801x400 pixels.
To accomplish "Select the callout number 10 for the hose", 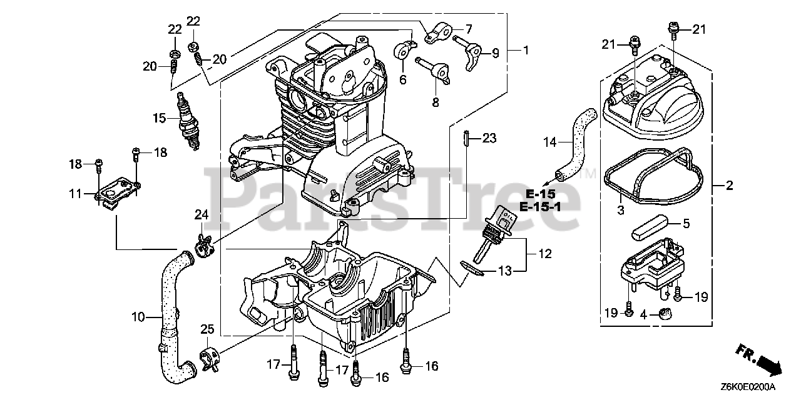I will (138, 317).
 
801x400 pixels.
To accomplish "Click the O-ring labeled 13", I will (474, 267).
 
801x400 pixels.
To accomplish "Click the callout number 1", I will (525, 50).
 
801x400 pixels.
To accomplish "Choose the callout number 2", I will (729, 186).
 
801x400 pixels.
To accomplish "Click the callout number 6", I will (402, 79).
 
